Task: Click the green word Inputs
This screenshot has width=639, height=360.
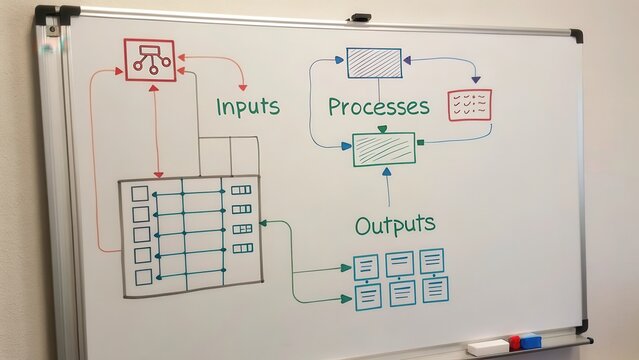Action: pos(248,105)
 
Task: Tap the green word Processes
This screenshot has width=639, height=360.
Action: pos(378,106)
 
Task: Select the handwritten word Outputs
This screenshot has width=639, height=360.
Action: pos(395,222)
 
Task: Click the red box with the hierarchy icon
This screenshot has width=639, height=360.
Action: pos(149,60)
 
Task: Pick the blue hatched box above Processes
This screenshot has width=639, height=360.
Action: pos(374,63)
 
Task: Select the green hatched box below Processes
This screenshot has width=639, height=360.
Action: pos(384,149)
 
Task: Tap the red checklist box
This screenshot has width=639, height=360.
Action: pos(469,105)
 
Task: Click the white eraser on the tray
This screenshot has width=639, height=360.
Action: pos(487,347)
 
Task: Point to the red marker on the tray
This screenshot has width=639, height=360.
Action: pos(515,342)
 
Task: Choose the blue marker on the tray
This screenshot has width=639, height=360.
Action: pos(531,341)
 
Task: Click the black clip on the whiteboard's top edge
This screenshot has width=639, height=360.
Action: pos(360,17)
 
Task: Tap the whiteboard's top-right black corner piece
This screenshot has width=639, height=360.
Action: pos(576,36)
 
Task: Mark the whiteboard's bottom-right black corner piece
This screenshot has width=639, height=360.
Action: pos(582,326)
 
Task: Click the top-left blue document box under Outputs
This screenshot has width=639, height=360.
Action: pos(367,267)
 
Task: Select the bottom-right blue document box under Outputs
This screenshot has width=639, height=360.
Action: pos(435,290)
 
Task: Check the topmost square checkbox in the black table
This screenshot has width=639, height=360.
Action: pos(140,193)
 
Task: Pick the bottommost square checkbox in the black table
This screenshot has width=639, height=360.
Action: pos(143,277)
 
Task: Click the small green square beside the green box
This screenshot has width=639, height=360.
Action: pos(421,143)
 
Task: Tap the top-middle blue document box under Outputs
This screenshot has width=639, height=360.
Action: pos(400,264)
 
